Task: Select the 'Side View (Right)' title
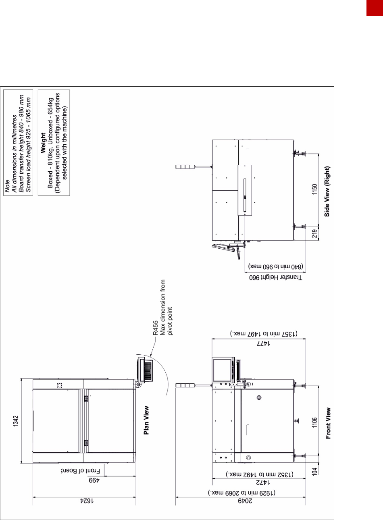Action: (x=327, y=191)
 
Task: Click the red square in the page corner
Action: (x=375, y=8)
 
